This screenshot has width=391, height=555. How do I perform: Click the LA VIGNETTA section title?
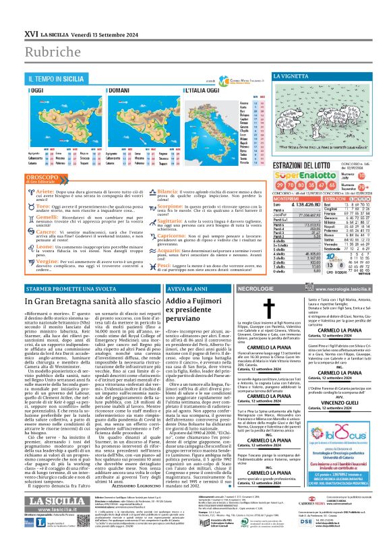[x=299, y=77]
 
